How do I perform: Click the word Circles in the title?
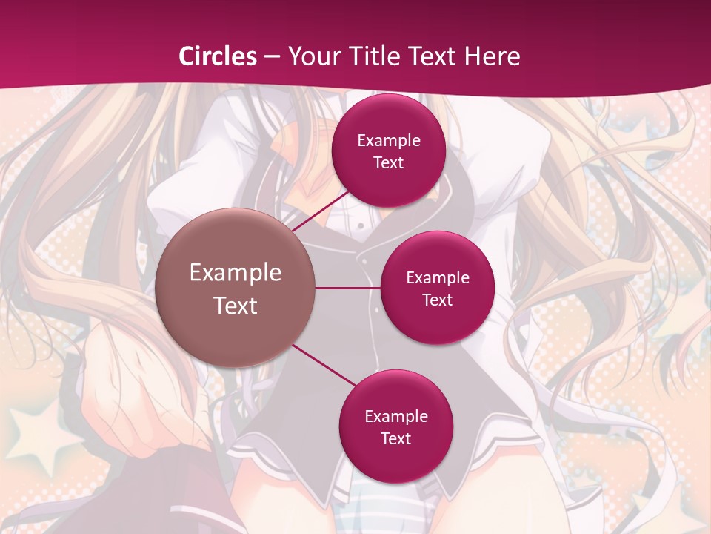[218, 56]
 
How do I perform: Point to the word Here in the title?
[493, 56]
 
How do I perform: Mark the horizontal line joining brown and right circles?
[348, 288]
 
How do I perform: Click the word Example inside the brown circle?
[236, 273]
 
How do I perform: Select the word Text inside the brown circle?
[236, 306]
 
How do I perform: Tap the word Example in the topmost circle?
[389, 141]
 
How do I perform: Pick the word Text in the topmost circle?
[388, 162]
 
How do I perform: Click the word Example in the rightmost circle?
[438, 278]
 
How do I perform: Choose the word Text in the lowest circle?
[395, 438]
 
